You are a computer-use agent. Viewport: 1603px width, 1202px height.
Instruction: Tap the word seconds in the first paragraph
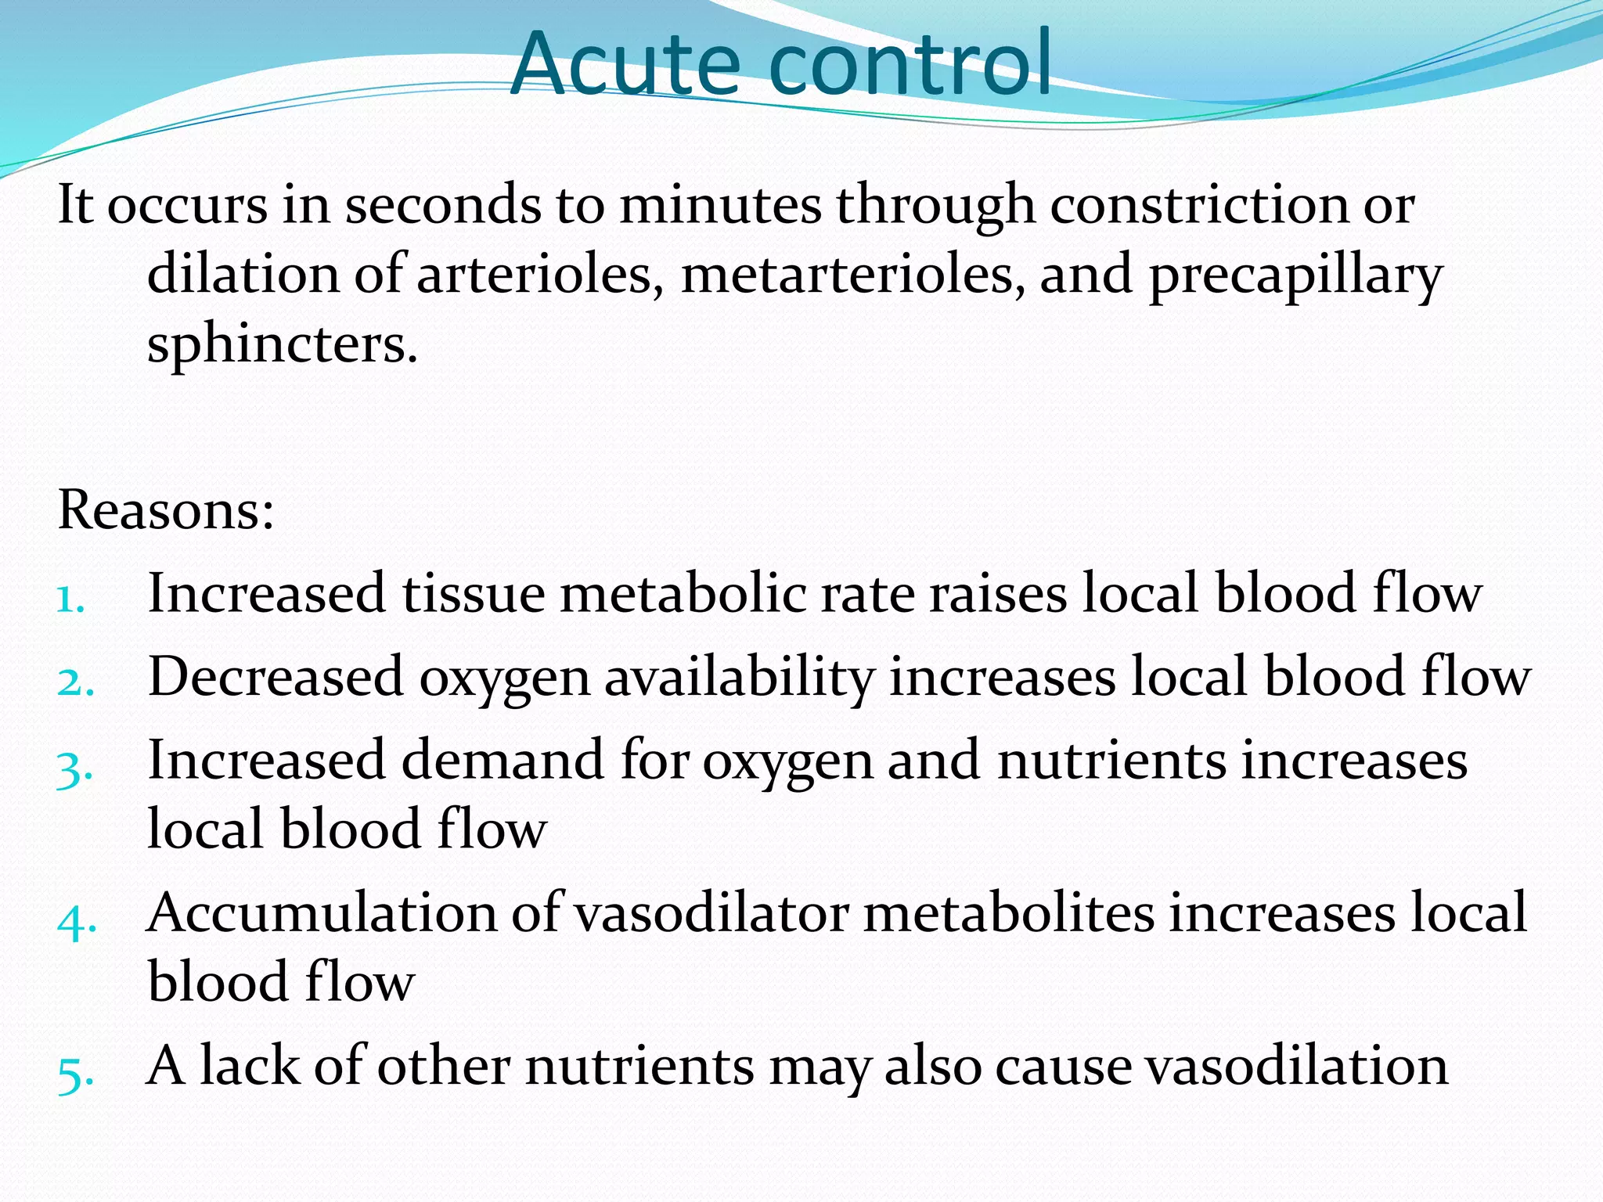[443, 205]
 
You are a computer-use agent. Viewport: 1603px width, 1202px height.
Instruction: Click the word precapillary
[1295, 276]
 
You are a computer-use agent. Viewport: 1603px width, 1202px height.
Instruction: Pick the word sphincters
[282, 344]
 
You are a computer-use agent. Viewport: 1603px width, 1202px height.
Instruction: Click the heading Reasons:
[166, 510]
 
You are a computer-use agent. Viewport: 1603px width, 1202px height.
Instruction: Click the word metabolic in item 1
[683, 593]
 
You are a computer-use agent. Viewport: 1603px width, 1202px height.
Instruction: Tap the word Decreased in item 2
[276, 677]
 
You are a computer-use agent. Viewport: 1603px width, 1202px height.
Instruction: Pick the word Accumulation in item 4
[322, 913]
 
